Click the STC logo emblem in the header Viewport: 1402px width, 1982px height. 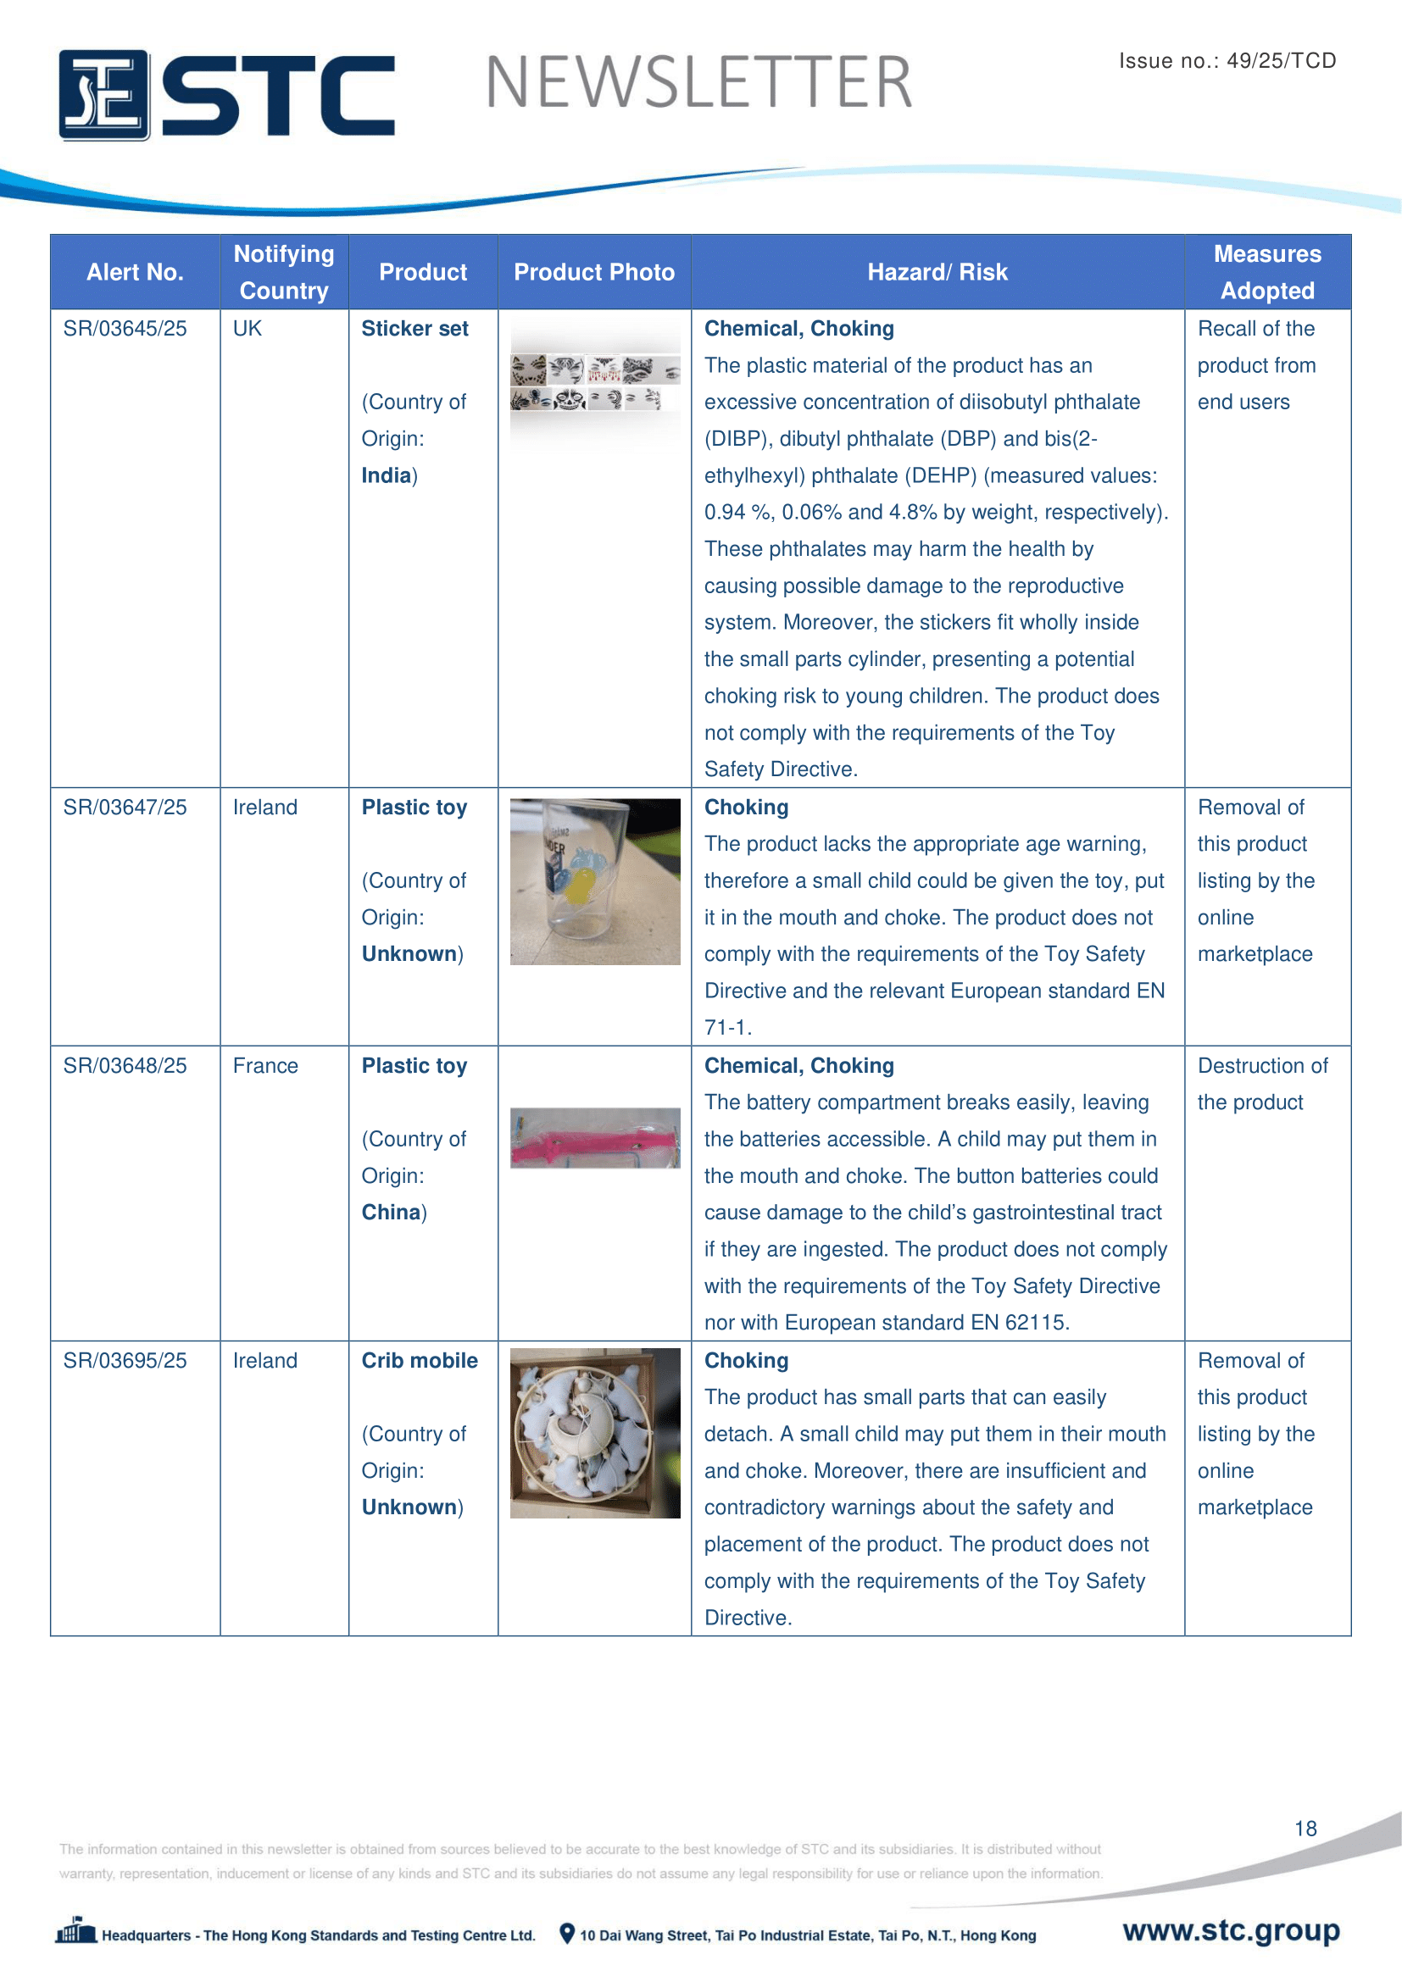tap(103, 95)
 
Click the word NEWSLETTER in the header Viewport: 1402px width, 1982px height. tap(698, 83)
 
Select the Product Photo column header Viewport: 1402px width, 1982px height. tap(594, 272)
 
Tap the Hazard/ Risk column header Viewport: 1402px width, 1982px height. tap(937, 272)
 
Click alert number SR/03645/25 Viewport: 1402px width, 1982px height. tap(125, 329)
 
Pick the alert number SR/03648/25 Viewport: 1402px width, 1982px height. tap(125, 1066)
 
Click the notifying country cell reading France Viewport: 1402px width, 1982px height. tap(265, 1066)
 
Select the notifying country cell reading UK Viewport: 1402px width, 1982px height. tap(247, 329)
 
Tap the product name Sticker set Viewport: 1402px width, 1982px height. tap(414, 329)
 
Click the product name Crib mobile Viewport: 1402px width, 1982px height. tap(419, 1361)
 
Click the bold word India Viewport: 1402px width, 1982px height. tap(386, 475)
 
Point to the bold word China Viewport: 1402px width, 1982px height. tap(390, 1213)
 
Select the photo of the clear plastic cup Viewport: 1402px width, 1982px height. tap(595, 881)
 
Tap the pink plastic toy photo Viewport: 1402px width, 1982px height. tap(595, 1138)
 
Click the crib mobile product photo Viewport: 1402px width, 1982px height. tap(595, 1433)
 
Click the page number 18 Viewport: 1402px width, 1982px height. tap(1305, 1829)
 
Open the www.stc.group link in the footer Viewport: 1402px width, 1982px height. tap(1230, 1930)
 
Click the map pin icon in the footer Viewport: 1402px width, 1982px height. tap(566, 1934)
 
